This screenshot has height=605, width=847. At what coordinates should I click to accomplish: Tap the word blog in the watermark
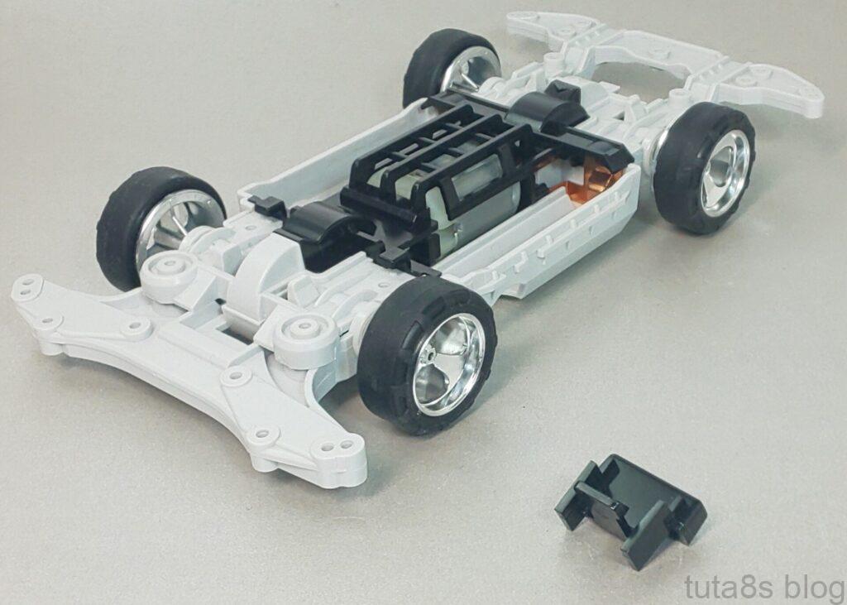(815, 587)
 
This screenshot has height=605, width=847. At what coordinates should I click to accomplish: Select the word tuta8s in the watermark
(731, 587)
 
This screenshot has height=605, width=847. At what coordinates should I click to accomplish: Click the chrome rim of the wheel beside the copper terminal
(725, 172)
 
